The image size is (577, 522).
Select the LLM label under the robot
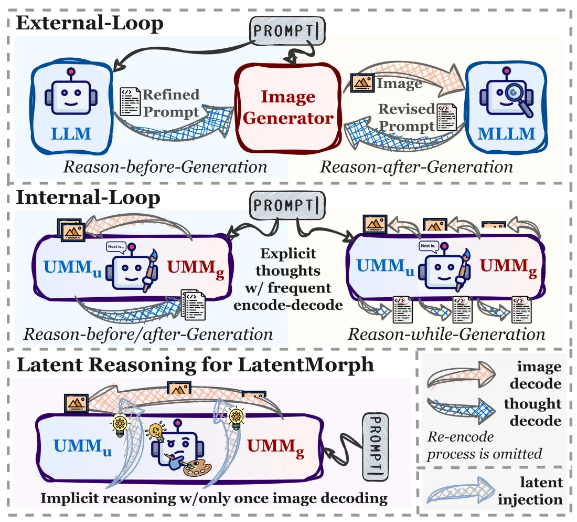click(x=71, y=133)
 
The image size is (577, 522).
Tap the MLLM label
click(x=506, y=134)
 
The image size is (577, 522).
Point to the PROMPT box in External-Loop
click(x=287, y=30)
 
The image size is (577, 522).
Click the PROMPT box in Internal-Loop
click(x=287, y=205)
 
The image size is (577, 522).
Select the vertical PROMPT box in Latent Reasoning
click(x=376, y=447)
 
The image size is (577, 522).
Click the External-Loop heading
click(x=90, y=23)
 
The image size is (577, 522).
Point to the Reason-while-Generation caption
click(x=446, y=334)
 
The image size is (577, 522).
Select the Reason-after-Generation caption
click(x=416, y=167)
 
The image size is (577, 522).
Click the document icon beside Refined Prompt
click(x=130, y=102)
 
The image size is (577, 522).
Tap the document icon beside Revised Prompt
click(x=447, y=117)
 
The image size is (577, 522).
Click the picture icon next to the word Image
click(x=362, y=83)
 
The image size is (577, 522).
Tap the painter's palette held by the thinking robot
click(x=197, y=468)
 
